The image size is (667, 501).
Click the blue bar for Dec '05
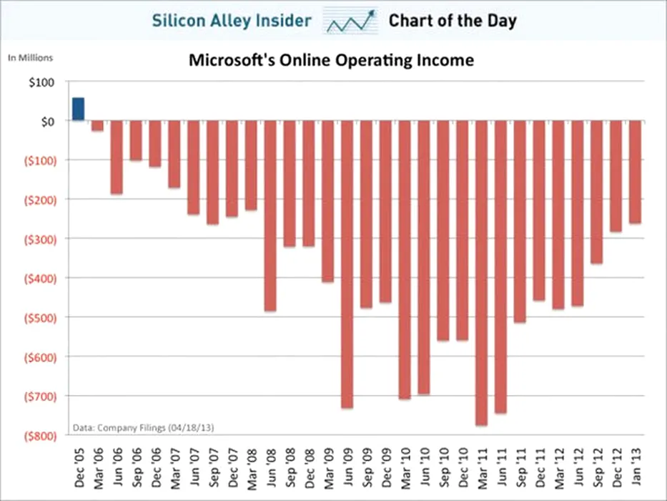78,109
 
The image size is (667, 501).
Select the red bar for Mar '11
482,273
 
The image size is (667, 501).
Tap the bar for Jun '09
347,264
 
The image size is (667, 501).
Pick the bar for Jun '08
270,215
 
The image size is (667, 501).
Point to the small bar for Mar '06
97,125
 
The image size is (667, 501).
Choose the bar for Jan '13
635,172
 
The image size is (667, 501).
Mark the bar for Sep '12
597,192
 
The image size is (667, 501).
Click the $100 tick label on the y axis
44,82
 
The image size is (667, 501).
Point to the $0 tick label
48,121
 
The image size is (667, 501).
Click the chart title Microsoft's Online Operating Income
331,60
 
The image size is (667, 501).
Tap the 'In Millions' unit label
31,58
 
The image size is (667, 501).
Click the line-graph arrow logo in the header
351,21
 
